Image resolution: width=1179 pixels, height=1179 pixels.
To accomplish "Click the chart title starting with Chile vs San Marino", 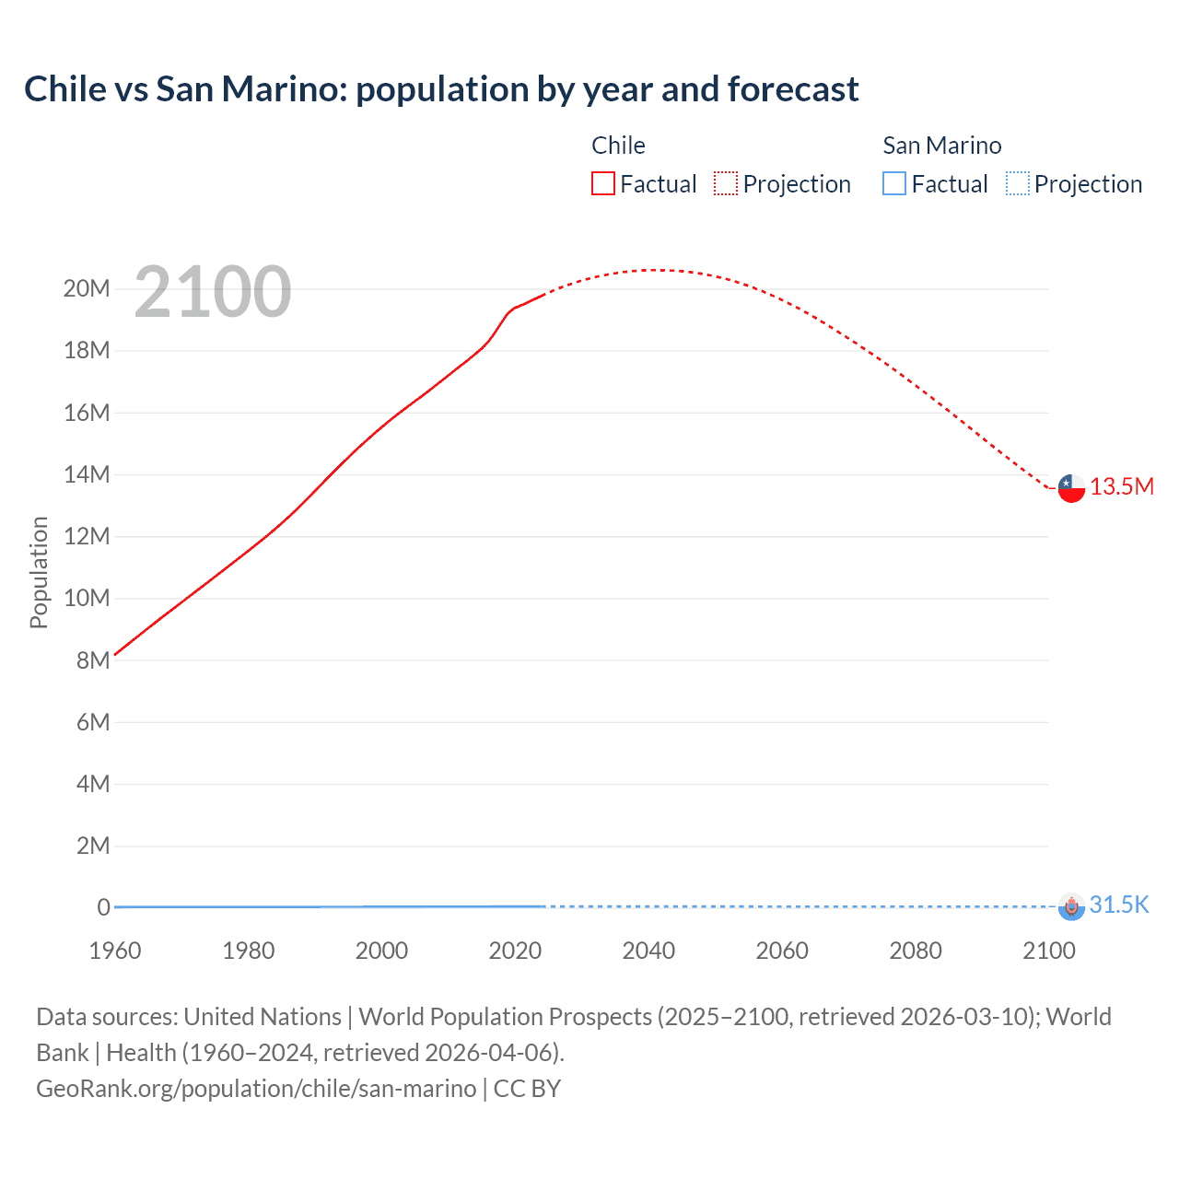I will [x=441, y=89].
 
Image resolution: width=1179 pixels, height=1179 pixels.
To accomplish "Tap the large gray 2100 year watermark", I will [x=213, y=292].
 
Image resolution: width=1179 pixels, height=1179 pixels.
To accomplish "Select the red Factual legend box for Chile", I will [x=602, y=183].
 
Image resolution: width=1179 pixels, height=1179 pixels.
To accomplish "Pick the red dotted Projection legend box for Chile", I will [x=726, y=183].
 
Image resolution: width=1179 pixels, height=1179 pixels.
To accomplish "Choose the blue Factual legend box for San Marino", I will [x=894, y=183].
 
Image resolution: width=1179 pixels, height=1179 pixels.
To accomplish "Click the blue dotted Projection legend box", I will [x=1017, y=183].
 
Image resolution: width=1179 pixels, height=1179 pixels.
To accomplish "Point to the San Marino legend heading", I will [x=941, y=146].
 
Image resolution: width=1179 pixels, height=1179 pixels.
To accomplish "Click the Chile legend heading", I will [x=618, y=146].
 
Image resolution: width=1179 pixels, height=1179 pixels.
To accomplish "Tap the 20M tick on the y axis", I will [x=87, y=289].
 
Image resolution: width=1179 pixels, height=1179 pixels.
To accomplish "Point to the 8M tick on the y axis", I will [x=93, y=660].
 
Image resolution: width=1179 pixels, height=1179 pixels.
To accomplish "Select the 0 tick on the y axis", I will [x=103, y=907].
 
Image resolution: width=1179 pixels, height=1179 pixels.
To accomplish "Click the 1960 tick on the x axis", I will [x=115, y=951].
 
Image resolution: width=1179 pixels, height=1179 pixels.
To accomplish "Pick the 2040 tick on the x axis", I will [x=648, y=951].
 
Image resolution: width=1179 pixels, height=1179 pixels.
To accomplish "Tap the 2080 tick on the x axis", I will [x=916, y=951].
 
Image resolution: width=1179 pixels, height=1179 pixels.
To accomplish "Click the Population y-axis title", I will [x=39, y=572].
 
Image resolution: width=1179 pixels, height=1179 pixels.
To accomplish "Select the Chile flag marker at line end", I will [x=1071, y=488].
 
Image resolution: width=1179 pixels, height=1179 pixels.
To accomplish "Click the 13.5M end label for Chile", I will [x=1121, y=487].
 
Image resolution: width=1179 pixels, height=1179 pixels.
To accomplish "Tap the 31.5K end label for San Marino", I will [x=1119, y=905].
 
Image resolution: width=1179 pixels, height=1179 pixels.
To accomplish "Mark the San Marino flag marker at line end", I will [x=1071, y=906].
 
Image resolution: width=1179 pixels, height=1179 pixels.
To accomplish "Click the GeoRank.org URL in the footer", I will [x=256, y=1089].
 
